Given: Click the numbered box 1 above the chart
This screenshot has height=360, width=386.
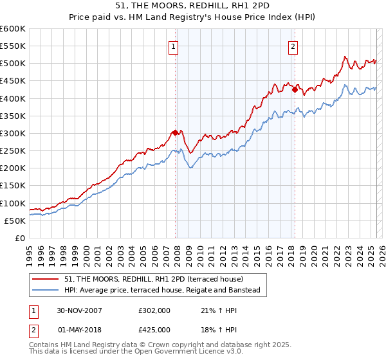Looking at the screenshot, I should click(174, 46).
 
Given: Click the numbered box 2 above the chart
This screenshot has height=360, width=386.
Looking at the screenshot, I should click(293, 46).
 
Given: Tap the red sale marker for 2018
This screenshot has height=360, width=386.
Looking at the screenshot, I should click(295, 90).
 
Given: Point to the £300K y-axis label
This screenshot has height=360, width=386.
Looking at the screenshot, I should click(13, 133).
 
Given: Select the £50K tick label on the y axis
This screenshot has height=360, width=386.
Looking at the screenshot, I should click(15, 221).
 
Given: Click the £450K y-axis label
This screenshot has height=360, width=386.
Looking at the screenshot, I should click(13, 81).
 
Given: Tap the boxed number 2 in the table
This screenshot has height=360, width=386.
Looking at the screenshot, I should click(33, 331).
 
